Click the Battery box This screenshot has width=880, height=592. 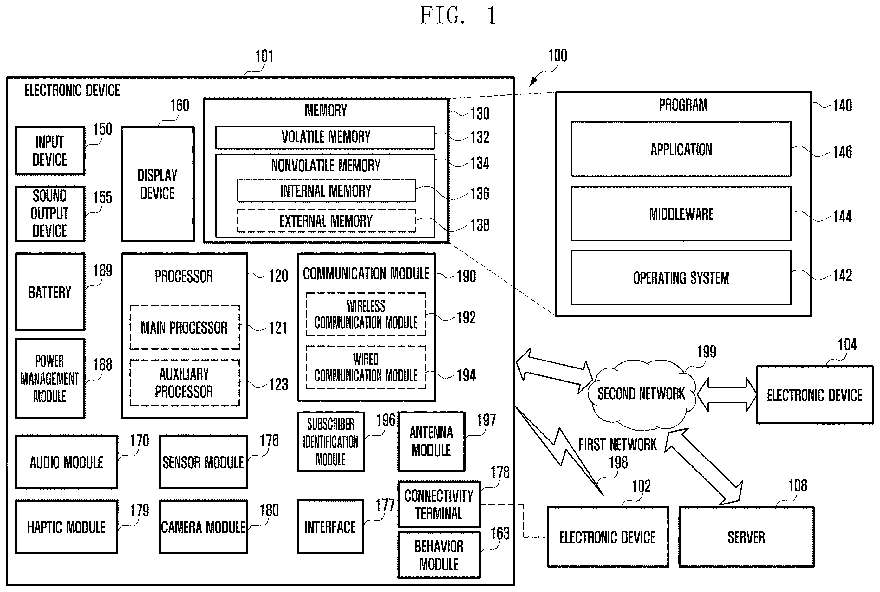pos(50,292)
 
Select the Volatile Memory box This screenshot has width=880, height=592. pos(325,137)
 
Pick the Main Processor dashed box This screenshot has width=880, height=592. pos(185,327)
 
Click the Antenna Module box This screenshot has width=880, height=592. pos(432,441)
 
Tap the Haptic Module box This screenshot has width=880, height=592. pos(67,527)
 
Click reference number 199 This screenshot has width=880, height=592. pos(706,352)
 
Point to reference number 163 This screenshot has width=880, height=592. pos(500,533)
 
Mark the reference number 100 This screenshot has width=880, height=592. pos(557,56)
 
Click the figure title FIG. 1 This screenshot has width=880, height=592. pos(459,16)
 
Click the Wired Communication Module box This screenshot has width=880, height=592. pos(366,368)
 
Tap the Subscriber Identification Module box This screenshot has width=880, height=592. pos(331,441)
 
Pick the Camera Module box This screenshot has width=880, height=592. pos(204,527)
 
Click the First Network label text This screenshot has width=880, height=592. pos(618,445)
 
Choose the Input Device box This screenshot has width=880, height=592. pos(50,151)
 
